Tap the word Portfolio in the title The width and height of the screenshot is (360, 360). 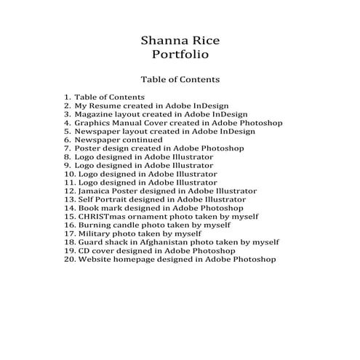(180, 54)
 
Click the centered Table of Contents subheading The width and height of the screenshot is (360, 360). (180, 79)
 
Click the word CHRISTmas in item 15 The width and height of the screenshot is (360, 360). (103, 216)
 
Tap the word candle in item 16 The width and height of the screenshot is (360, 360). (128, 225)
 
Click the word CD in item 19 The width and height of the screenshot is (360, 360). (84, 250)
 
